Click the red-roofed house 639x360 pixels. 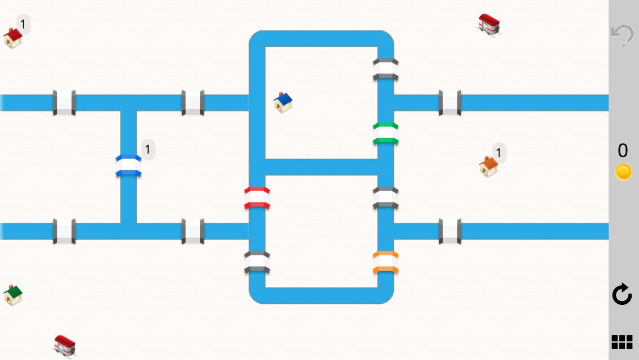point(12,38)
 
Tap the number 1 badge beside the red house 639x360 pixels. point(23,24)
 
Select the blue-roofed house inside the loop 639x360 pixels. point(283,102)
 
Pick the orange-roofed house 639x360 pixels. point(488,166)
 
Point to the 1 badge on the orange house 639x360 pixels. point(499,152)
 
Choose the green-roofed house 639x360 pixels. point(12,294)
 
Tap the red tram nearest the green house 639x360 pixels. point(64,345)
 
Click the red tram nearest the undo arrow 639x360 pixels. point(488,25)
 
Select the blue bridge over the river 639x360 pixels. point(128,166)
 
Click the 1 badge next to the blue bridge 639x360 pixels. point(148,150)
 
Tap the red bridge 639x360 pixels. point(257,198)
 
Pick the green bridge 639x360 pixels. point(386,133)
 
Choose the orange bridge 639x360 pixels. point(386,263)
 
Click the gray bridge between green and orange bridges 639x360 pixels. point(386,198)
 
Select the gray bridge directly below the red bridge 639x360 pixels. point(257,263)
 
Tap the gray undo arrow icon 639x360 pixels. point(622,35)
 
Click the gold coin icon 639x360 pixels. point(623,172)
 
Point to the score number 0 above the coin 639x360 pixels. point(623,151)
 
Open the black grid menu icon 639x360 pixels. point(622,341)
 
